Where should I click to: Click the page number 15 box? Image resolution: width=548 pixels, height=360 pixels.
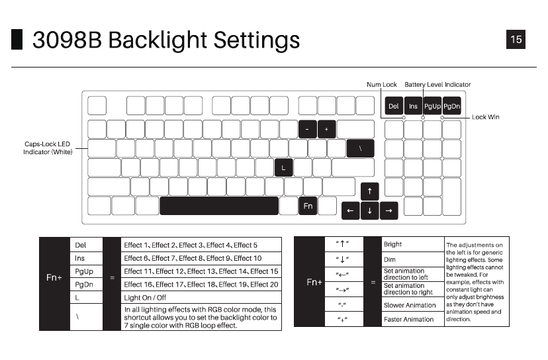[x=516, y=39]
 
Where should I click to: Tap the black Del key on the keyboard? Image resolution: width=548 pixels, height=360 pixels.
[x=394, y=106]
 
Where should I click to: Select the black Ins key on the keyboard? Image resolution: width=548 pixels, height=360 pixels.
[x=413, y=106]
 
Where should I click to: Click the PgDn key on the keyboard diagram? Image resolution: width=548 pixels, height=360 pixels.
[x=451, y=106]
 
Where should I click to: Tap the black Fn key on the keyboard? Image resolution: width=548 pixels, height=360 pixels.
[x=308, y=206]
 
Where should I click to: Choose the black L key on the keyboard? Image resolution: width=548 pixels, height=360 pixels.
[x=283, y=167]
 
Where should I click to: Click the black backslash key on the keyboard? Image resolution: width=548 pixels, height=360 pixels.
[x=360, y=148]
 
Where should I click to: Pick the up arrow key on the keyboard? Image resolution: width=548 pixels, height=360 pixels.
[x=369, y=192]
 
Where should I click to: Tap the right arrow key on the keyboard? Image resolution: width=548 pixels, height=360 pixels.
[x=388, y=211]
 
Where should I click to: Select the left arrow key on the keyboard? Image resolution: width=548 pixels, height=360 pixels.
[x=350, y=211]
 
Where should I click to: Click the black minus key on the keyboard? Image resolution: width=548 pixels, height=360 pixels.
[x=308, y=129]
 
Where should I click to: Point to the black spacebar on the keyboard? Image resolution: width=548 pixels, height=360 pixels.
[x=218, y=206]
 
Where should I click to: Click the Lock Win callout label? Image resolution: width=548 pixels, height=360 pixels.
[x=485, y=117]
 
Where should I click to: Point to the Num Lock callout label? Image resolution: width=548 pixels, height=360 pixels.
[x=382, y=85]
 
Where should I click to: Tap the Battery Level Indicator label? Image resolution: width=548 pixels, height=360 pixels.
[x=437, y=85]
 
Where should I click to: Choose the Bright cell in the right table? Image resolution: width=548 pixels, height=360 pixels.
[x=393, y=245]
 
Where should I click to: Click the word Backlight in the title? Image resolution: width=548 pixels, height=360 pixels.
[x=157, y=40]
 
